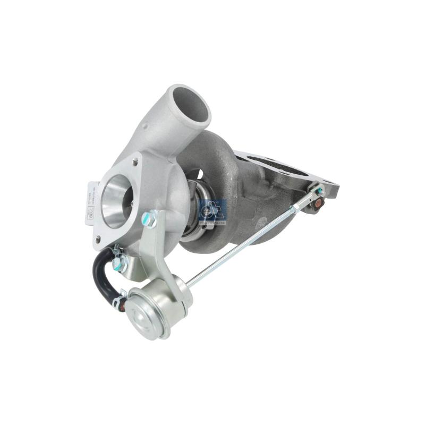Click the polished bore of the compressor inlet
(116, 199)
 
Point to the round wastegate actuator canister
(154, 311)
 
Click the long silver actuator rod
(244, 242)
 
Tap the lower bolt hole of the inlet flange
(99, 239)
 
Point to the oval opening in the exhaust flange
(276, 164)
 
